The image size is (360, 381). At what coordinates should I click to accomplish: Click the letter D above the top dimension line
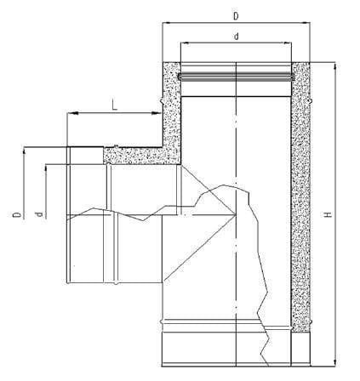pyautogui.click(x=236, y=16)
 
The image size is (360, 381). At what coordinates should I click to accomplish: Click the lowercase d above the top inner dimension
pyautogui.click(x=236, y=37)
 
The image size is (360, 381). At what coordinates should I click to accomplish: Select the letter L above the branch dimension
pyautogui.click(x=114, y=105)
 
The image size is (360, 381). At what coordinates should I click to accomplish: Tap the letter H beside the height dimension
pyautogui.click(x=329, y=214)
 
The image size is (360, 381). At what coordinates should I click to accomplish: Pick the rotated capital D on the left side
pyautogui.click(x=17, y=214)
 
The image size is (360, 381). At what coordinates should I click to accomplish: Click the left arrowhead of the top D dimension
pyautogui.click(x=167, y=22)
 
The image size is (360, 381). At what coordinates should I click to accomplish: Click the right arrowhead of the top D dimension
pyautogui.click(x=306, y=22)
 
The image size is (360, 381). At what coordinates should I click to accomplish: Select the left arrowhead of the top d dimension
pyautogui.click(x=186, y=43)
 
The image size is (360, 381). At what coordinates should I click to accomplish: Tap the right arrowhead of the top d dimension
pyautogui.click(x=287, y=43)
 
